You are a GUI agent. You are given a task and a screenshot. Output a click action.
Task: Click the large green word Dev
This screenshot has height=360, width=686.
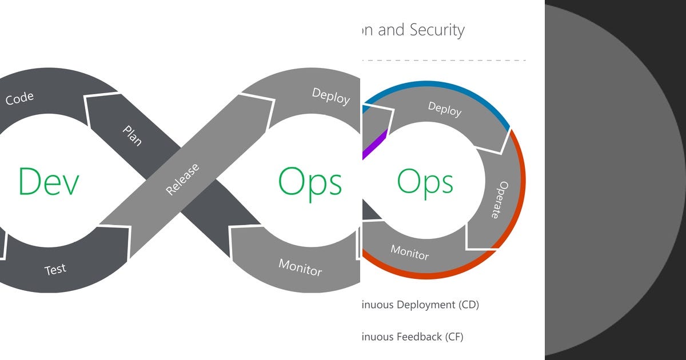(48, 182)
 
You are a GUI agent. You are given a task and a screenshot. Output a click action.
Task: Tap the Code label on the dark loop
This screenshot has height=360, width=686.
(19, 98)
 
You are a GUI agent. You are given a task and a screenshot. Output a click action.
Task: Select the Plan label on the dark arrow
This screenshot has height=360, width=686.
(132, 135)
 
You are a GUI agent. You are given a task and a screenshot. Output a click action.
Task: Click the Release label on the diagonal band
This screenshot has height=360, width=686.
(183, 179)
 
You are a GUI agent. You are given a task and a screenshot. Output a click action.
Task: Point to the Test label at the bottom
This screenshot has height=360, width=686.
(55, 269)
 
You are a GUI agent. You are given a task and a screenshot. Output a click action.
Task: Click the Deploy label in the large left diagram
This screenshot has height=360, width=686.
(330, 96)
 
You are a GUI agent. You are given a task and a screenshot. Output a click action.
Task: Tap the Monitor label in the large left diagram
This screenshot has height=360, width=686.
(300, 267)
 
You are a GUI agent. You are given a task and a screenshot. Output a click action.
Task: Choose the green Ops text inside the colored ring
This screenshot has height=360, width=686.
(425, 183)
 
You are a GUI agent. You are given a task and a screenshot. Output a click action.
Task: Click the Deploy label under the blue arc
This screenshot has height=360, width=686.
(444, 109)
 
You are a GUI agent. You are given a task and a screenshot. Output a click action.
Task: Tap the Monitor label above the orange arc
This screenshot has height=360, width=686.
(409, 252)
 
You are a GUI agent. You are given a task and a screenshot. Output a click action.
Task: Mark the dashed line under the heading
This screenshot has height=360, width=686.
(446, 60)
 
